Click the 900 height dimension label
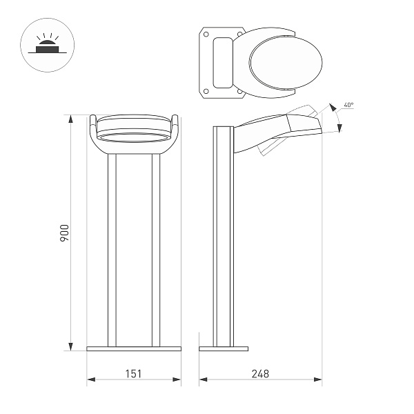[64, 233]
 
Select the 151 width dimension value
[133, 373]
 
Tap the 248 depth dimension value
[260, 373]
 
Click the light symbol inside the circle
[48, 47]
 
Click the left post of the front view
[112, 248]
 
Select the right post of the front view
[156, 248]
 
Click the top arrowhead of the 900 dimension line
[70, 118]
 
